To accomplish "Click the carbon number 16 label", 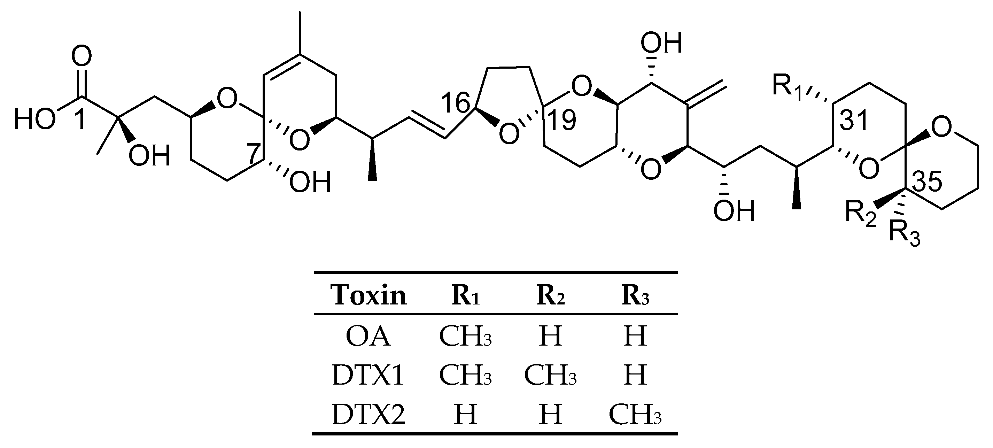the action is pos(455,103).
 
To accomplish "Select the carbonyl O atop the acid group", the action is pos(82,56).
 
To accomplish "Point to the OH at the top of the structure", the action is pos(661,43).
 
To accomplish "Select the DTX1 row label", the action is pos(368,375).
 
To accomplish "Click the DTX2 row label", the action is pos(368,415).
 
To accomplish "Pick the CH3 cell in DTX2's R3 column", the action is pos(635,415).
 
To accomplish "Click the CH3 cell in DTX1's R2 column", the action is pos(550,375).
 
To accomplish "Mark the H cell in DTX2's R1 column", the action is pos(465,415).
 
